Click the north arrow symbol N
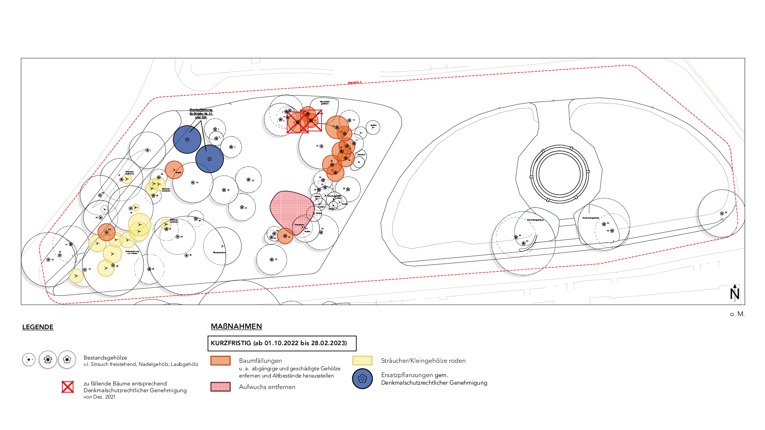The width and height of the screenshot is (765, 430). point(735,293)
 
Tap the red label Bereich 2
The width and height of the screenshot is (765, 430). point(355,83)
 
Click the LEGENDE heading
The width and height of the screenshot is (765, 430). point(38,327)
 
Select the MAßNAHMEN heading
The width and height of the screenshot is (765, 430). point(236,326)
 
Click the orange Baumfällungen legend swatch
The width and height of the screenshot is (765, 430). point(220,361)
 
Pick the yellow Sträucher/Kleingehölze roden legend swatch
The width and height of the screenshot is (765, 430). point(362,361)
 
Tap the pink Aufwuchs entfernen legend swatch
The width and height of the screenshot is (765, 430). point(220,387)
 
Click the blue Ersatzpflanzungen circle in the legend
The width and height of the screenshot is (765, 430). point(362,379)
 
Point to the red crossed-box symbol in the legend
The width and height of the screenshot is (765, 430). point(68,387)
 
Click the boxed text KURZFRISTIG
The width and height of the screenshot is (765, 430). point(279,343)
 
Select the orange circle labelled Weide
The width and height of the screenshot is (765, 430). point(174,170)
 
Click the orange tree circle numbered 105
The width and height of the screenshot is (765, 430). point(106,232)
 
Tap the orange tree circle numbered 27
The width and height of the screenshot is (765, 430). point(285,236)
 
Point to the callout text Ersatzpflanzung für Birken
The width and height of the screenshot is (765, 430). point(201,113)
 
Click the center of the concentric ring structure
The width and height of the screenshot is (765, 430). point(559,174)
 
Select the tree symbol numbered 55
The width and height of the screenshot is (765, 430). point(722,213)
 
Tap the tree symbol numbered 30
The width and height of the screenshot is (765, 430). point(272,260)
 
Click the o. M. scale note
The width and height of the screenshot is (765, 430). point(737,314)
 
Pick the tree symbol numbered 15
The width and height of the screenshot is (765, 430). point(321,147)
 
